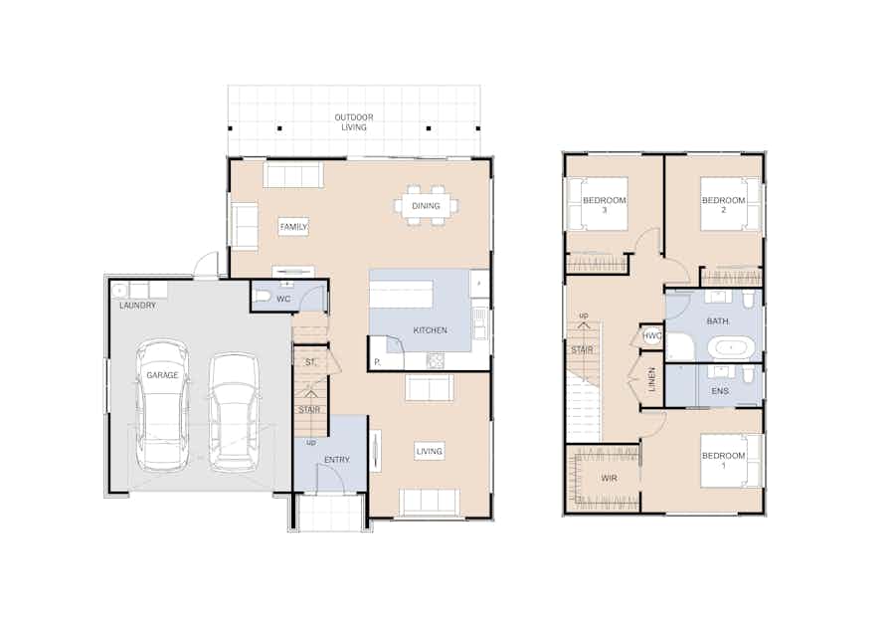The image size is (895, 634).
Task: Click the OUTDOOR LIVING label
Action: pyautogui.click(x=354, y=122)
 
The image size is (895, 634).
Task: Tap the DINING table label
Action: pyautogui.click(x=426, y=206)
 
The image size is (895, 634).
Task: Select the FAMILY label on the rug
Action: pyautogui.click(x=293, y=227)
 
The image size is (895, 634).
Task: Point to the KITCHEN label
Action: pyautogui.click(x=430, y=330)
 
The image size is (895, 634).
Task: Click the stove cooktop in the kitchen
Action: pyautogui.click(x=435, y=360)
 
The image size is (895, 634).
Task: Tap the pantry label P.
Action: pyautogui.click(x=377, y=362)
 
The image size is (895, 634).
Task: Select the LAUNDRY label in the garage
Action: pyautogui.click(x=137, y=306)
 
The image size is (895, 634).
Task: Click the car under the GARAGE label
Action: pyautogui.click(x=162, y=405)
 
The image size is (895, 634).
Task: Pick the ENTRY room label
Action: pyautogui.click(x=337, y=459)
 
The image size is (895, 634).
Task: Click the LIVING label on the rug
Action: pyautogui.click(x=430, y=451)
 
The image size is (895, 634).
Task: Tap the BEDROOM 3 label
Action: pyautogui.click(x=604, y=205)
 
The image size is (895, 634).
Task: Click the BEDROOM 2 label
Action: pyautogui.click(x=723, y=205)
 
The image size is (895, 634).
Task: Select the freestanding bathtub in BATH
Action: pyautogui.click(x=731, y=347)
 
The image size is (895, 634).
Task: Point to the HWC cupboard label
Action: pyautogui.click(x=651, y=335)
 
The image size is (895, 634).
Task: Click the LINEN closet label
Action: pyautogui.click(x=651, y=379)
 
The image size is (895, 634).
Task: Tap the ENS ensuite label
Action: pyautogui.click(x=720, y=391)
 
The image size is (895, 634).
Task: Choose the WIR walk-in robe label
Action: pyautogui.click(x=609, y=478)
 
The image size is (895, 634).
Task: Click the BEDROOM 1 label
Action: pyautogui.click(x=723, y=461)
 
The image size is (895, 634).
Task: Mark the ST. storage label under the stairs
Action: pyautogui.click(x=310, y=362)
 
